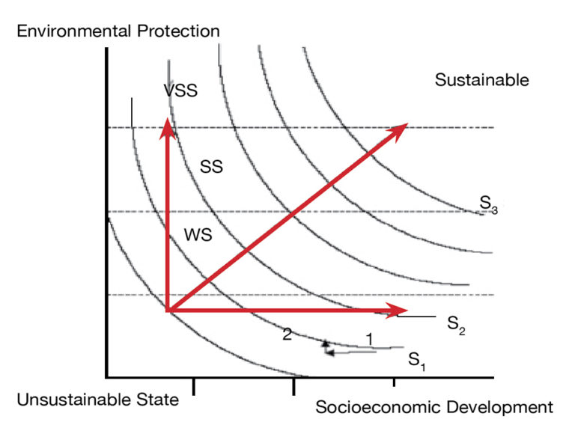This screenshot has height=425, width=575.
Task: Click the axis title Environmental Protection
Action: (118, 31)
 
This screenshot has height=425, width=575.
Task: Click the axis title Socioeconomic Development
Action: (434, 407)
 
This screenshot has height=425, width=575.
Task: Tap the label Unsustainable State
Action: (97, 400)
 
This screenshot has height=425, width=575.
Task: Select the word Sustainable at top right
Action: (481, 80)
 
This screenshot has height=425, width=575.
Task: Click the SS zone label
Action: (211, 167)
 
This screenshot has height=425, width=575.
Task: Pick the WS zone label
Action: (198, 234)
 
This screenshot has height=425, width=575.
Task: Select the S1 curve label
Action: (417, 361)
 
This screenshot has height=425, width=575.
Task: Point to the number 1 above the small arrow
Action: (368, 338)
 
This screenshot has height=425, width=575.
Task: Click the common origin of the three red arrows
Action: (168, 310)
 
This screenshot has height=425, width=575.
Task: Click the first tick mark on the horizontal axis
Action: (194, 385)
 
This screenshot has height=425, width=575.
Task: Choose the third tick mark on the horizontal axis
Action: (394, 385)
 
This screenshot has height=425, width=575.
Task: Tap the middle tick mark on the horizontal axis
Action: (293, 385)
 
